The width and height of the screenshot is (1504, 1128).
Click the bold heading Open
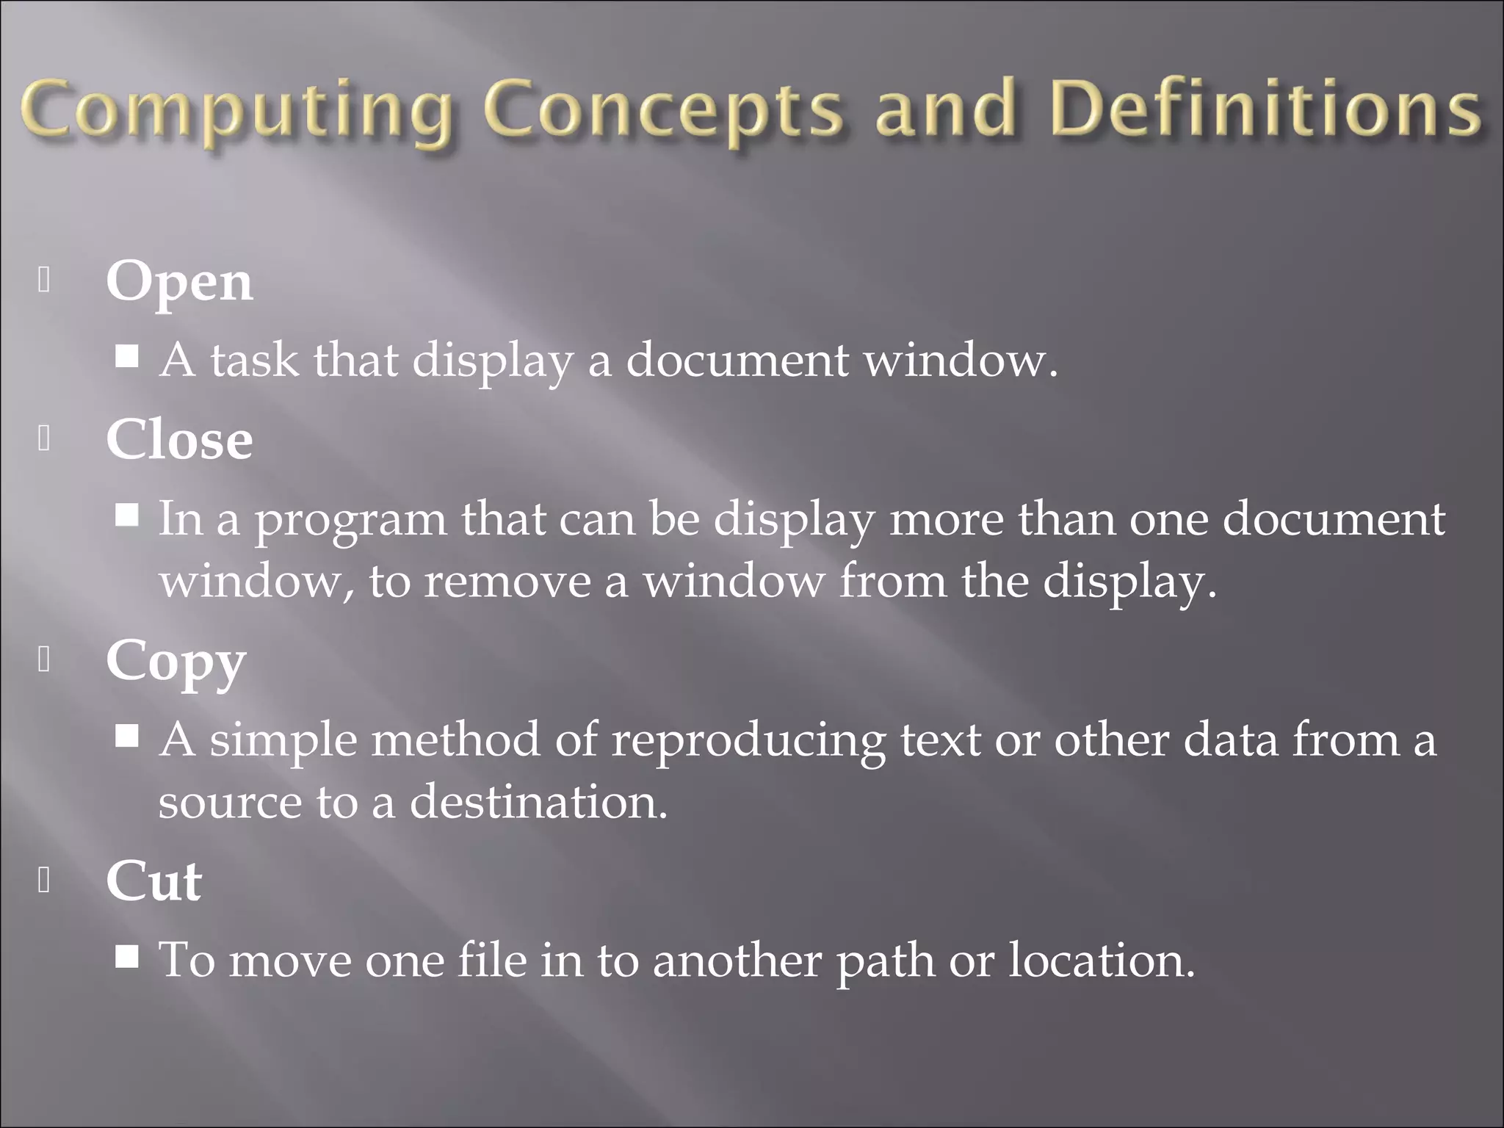point(179,282)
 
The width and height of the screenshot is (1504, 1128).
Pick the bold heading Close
point(179,440)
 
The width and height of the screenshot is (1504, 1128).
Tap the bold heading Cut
point(153,881)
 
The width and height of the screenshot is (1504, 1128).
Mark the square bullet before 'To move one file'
point(128,956)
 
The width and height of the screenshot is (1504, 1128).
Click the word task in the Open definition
point(255,361)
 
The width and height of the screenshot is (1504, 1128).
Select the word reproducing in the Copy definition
point(748,740)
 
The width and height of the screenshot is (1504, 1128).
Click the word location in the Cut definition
point(1102,960)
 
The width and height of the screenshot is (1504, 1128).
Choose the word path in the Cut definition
point(885,961)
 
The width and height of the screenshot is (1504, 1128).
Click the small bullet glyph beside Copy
point(44,660)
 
